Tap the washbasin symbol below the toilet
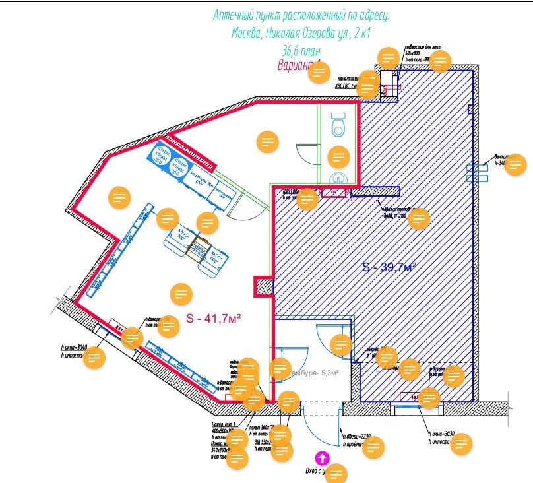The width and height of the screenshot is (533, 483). click(337, 177)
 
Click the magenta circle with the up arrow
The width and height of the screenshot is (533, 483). click(322, 457)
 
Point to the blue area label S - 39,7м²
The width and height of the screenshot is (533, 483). click(389, 267)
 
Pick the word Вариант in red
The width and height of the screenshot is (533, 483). click(296, 65)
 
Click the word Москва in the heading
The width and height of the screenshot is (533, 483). click(245, 33)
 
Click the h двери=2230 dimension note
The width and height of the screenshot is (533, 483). click(357, 435)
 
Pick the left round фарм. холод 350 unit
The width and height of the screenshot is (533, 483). click(160, 153)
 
